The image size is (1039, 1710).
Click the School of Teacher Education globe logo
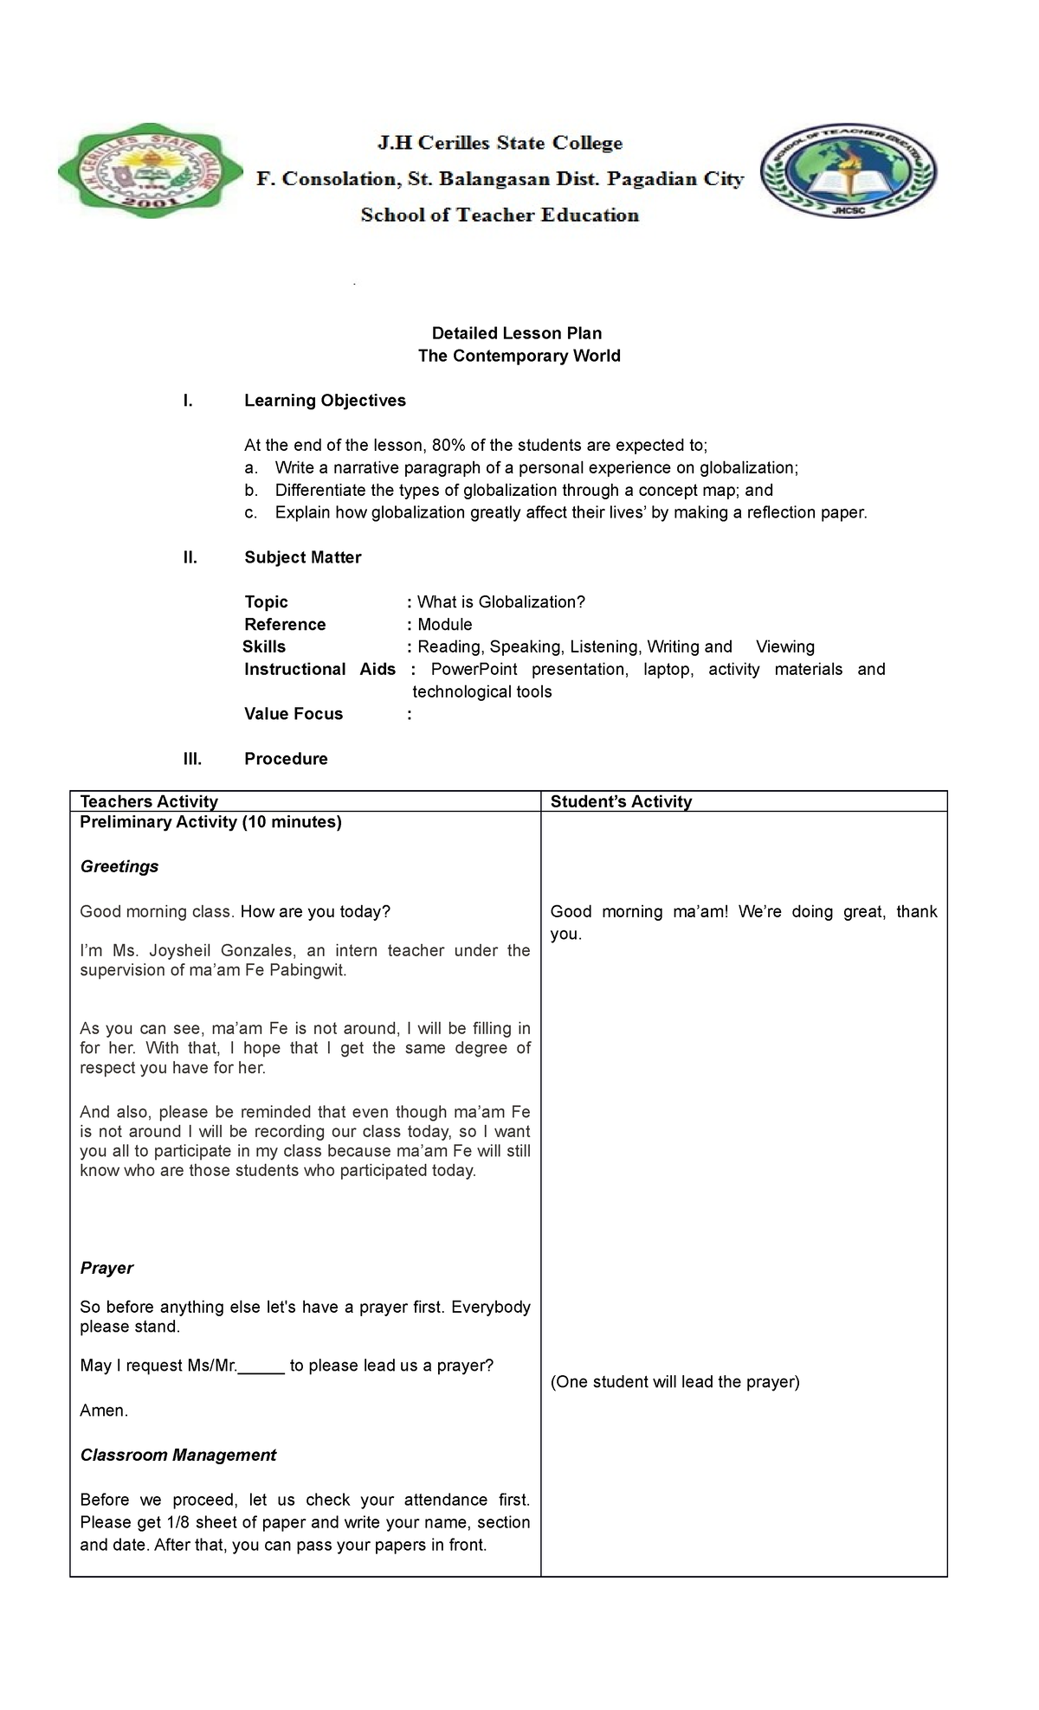[x=849, y=169]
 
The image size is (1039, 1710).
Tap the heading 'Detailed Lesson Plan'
[x=517, y=333]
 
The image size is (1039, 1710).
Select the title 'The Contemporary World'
[x=519, y=356]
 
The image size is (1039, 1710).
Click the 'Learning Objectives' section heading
[x=325, y=401]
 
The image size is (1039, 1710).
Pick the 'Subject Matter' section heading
[x=302, y=557]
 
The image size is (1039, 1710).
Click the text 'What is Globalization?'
[x=501, y=602]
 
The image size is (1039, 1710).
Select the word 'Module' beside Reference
[x=445, y=625]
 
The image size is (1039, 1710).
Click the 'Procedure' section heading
[x=286, y=759]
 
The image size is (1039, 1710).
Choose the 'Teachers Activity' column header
[x=149, y=801]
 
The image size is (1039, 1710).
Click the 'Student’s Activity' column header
[x=621, y=801]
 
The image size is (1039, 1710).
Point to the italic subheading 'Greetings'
[x=119, y=867]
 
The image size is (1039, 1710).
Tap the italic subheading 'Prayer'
[x=106, y=1268]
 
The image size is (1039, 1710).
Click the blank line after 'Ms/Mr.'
[x=261, y=1366]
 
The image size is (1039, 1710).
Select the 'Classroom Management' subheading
[x=178, y=1456]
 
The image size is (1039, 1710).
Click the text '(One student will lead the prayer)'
[x=674, y=1382]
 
